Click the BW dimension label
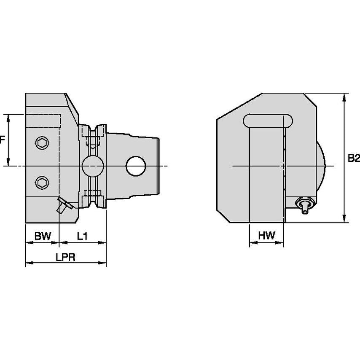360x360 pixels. [x=42, y=236]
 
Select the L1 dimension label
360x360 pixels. [x=82, y=236]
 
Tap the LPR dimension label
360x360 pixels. [x=65, y=258]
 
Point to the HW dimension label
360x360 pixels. [x=266, y=236]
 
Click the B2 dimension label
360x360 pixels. [x=354, y=158]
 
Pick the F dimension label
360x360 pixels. [x=2, y=140]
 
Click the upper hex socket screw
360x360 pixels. [x=41, y=143]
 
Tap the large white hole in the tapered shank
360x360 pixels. [x=136, y=166]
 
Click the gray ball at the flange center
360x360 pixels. [x=92, y=166]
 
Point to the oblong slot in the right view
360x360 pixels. [x=268, y=121]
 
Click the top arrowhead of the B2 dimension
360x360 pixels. [x=345, y=97]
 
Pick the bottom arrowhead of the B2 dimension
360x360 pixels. [x=345, y=219]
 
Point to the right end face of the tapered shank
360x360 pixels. [x=159, y=166]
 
